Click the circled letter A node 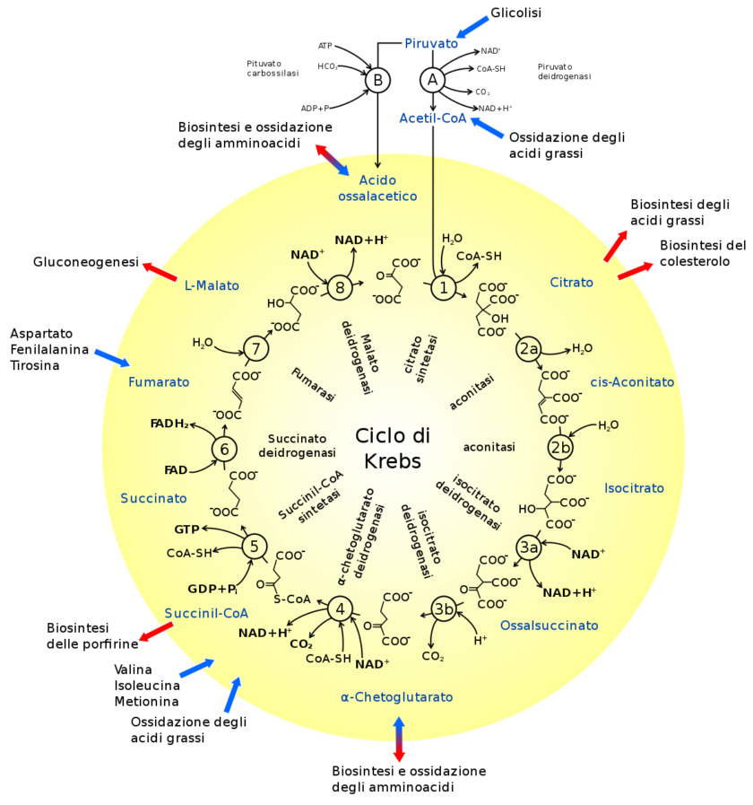pos(432,80)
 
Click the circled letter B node pos(377,80)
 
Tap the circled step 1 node pos(443,287)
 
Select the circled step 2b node pos(559,448)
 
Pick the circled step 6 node pos(224,450)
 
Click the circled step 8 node pos(340,287)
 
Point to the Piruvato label pos(431,44)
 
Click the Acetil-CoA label pos(433,118)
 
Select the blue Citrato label pos(571,283)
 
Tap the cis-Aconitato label pos(632,382)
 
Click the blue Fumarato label pos(159,382)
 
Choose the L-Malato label pos(212,285)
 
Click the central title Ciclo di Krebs pos(393,448)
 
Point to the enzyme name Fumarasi pos(313,384)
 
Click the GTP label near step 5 pos(186,529)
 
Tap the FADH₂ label pos(169,424)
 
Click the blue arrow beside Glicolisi pos(472,27)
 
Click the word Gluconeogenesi pos(86,262)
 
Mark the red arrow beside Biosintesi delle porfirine pos(156,632)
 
